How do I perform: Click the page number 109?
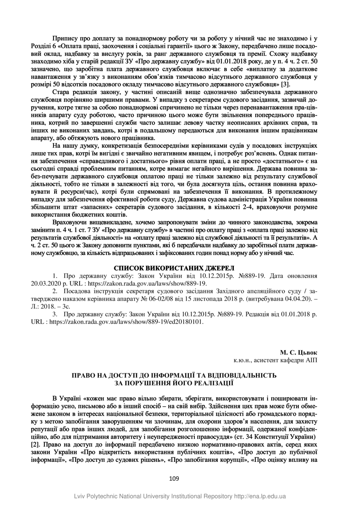click(x=174, y=478)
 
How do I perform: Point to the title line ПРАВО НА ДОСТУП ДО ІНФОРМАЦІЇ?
click(x=174, y=375)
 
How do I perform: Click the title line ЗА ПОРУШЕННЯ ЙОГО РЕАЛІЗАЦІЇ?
click(x=174, y=382)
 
